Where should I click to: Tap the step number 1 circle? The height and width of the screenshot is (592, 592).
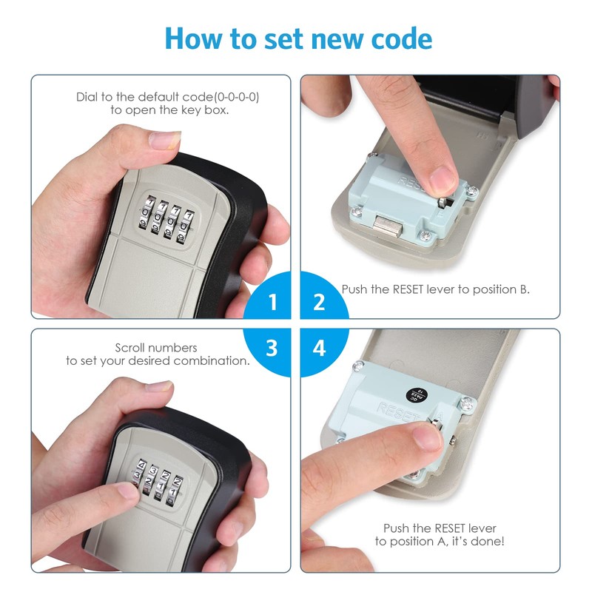[272, 302]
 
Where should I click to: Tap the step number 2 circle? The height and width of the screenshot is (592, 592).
[320, 302]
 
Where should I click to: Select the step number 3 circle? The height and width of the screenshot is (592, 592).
[272, 348]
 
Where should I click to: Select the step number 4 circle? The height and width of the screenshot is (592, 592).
[320, 348]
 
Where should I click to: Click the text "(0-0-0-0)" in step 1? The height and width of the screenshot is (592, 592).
[239, 97]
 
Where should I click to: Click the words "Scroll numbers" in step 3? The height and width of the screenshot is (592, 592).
[156, 347]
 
